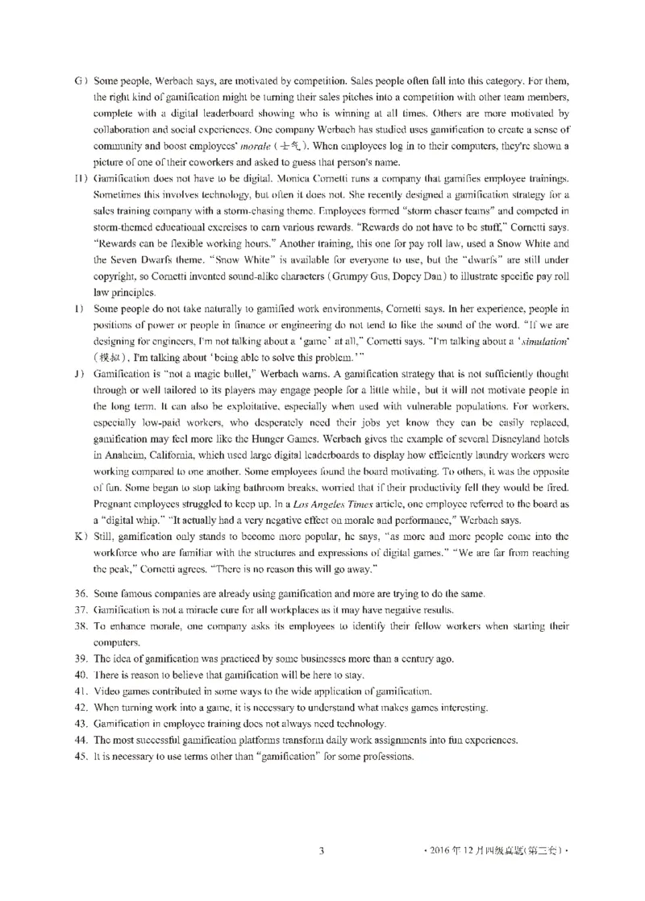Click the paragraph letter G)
(79, 82)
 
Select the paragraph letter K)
(79, 536)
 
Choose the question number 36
(80, 594)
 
